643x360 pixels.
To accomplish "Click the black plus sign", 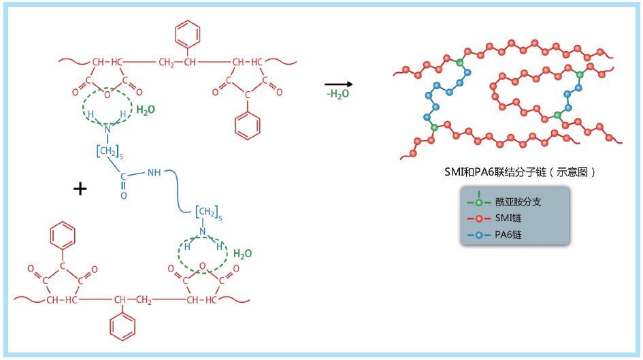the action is (x=80, y=189).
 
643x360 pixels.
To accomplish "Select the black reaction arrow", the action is (x=339, y=84).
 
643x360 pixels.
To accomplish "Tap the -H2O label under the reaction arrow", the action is (x=338, y=95).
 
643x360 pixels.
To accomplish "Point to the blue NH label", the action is (x=154, y=173).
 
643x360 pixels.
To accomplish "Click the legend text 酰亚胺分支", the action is (x=518, y=201).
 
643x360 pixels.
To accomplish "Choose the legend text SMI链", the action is (x=508, y=218).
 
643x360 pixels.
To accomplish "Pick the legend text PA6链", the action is (x=508, y=235).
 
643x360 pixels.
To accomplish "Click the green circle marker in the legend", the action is (x=479, y=202).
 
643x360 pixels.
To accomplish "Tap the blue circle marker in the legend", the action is (x=479, y=235).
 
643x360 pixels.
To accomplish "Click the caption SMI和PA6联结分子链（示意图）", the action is (x=520, y=171).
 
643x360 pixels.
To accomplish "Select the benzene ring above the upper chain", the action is (x=187, y=34).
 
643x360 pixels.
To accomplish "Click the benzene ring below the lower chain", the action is (x=122, y=327).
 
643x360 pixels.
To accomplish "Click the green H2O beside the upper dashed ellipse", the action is (x=146, y=110).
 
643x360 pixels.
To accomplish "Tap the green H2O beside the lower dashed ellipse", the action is (x=242, y=254).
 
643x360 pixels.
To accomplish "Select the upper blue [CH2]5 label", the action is (x=110, y=152).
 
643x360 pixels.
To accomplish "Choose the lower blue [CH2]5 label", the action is (x=209, y=213).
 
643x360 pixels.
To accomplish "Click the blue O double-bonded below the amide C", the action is (x=123, y=195).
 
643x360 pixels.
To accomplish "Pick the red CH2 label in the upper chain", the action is (x=167, y=63).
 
